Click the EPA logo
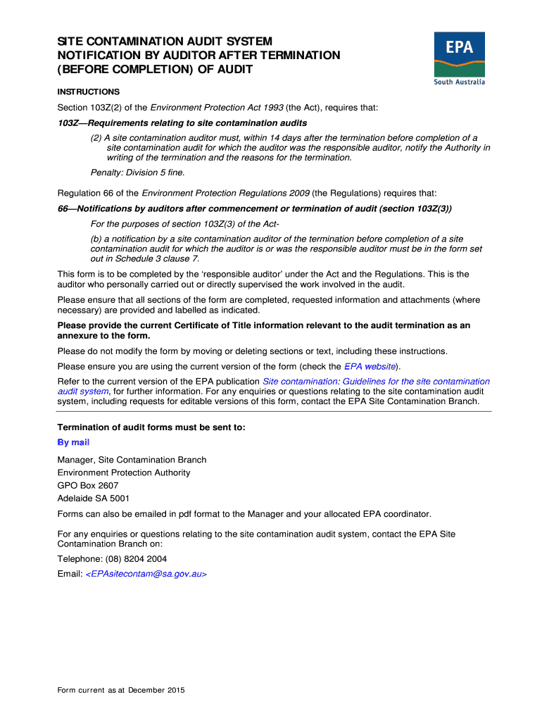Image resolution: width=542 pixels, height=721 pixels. (x=459, y=54)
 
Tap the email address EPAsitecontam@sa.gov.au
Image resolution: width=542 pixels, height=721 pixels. (x=146, y=574)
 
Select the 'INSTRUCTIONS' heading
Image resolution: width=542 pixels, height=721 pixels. (x=88, y=92)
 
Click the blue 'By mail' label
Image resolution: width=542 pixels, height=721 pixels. (x=73, y=442)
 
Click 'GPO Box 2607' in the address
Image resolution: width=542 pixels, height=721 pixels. (x=88, y=486)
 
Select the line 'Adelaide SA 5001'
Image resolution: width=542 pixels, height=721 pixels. (x=94, y=499)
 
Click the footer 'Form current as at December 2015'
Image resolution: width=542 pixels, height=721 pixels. (x=121, y=691)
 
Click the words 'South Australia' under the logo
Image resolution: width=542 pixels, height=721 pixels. (x=459, y=82)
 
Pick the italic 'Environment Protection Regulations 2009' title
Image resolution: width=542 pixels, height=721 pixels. (x=225, y=193)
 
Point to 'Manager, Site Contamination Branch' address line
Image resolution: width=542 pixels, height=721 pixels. (x=132, y=460)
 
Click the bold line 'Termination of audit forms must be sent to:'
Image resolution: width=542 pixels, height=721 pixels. (x=151, y=427)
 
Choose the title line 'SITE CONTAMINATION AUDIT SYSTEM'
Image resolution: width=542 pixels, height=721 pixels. (x=165, y=42)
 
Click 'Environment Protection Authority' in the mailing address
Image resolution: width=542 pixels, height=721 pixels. (x=124, y=473)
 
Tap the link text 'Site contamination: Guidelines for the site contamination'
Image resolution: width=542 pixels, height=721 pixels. (x=376, y=382)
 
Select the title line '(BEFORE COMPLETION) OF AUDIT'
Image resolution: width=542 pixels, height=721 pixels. (x=155, y=70)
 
